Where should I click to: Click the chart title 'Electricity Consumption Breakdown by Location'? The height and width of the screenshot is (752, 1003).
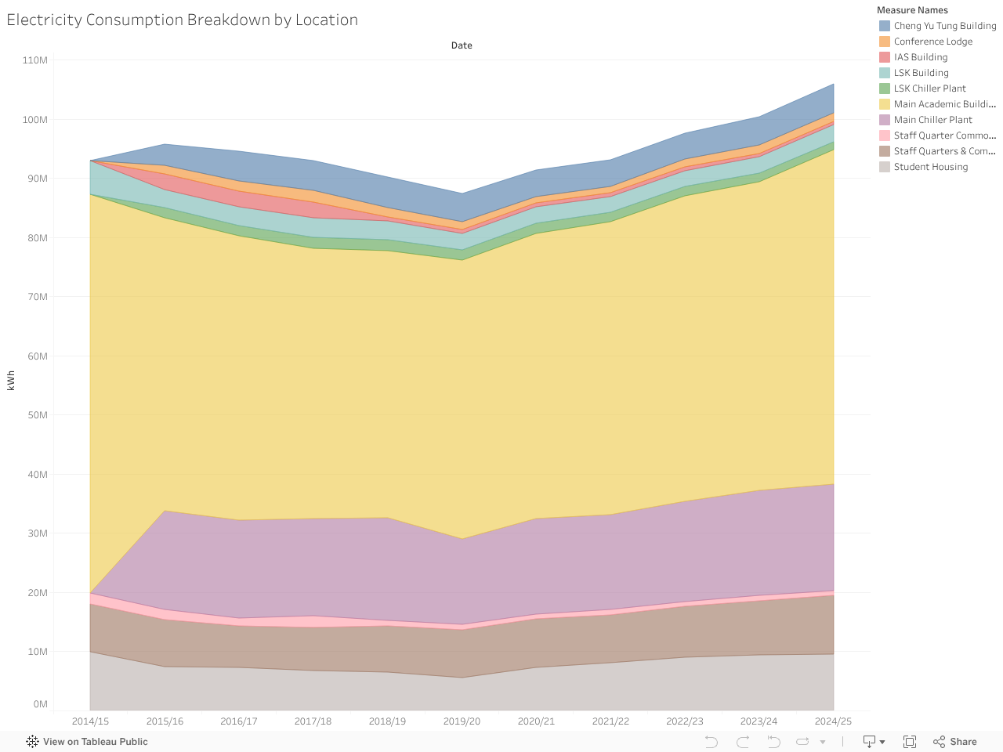click(182, 20)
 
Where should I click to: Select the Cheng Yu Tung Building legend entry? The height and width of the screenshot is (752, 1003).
click(944, 26)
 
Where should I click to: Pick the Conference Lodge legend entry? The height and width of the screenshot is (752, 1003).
click(932, 42)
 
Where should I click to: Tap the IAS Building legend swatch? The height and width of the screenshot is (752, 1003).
click(885, 57)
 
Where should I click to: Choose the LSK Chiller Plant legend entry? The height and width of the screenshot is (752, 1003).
click(929, 89)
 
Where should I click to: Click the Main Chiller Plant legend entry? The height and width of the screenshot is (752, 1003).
click(932, 120)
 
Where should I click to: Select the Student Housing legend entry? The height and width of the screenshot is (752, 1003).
click(930, 167)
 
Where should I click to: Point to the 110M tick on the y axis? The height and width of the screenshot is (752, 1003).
click(35, 60)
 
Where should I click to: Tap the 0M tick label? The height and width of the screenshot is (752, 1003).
click(41, 704)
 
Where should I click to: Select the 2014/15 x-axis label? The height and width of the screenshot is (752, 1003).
click(90, 721)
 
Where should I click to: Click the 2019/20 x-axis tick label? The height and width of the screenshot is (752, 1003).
click(462, 721)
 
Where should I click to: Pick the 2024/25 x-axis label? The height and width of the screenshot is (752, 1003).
click(833, 721)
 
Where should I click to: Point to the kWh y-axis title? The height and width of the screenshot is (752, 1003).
click(11, 381)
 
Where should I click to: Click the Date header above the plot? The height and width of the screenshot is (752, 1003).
click(462, 45)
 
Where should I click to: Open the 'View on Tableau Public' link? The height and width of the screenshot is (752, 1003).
click(87, 742)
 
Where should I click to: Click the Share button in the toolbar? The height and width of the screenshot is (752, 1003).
click(955, 742)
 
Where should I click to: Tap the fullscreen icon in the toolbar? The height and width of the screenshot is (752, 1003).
click(910, 742)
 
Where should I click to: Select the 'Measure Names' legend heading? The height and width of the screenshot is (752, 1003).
click(912, 10)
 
